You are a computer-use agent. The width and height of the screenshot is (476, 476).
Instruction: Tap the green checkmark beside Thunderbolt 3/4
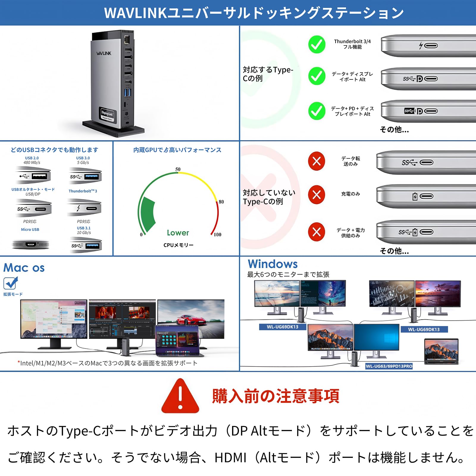pos(317,45)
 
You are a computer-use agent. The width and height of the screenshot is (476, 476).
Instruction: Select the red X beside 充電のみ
pos(317,195)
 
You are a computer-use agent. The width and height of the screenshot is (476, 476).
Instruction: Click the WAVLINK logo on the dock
pos(104,53)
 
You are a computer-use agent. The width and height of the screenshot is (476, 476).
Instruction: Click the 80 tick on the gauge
pos(221,202)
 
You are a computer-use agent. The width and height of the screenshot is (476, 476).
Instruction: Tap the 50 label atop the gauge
pos(178,169)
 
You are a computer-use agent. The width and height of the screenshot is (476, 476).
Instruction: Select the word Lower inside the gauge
pos(178,233)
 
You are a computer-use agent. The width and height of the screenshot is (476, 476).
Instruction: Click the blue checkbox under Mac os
pos(10,283)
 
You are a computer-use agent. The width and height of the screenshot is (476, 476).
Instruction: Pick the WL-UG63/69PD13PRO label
pos(389,366)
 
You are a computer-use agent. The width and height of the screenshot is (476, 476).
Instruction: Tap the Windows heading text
pos(273,264)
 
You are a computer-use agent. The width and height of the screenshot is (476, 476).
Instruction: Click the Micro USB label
pos(30,229)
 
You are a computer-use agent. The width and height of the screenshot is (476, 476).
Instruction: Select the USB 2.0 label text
pos(32,158)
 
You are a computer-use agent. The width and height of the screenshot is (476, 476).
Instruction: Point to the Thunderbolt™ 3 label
pos(83,191)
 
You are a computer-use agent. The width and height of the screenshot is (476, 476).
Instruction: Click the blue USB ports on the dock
pos(128,92)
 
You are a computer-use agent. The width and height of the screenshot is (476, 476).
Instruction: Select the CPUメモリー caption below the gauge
pos(178,245)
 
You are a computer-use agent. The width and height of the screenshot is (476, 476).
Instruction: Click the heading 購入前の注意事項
pos(275,396)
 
